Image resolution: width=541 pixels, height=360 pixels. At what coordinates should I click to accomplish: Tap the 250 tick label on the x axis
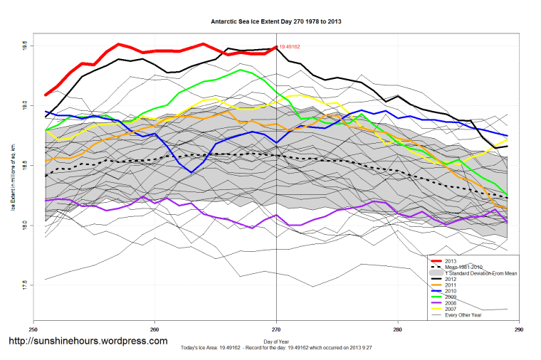(33, 329)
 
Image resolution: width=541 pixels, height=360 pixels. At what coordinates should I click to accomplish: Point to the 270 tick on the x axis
(276, 329)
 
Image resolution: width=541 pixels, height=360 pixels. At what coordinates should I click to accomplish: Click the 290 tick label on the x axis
(519, 329)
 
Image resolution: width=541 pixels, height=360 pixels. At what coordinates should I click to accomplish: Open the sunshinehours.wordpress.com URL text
(87, 341)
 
